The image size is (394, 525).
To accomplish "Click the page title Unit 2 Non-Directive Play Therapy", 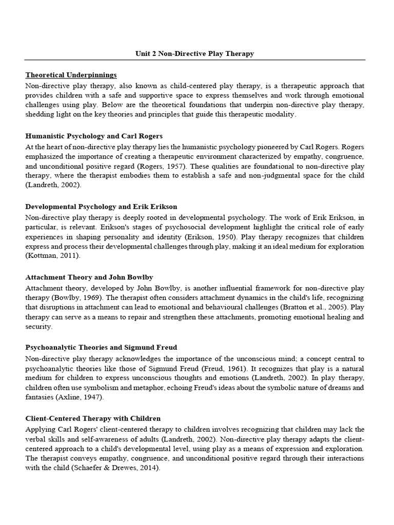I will (194, 53).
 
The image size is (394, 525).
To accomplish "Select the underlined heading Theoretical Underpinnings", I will (71, 75).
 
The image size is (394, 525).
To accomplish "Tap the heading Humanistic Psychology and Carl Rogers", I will (94, 136).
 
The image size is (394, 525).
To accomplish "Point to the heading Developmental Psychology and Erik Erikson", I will (101, 206).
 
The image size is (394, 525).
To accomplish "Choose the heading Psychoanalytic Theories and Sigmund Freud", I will (101, 348).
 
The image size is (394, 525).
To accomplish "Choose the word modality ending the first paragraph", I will (281, 114).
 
